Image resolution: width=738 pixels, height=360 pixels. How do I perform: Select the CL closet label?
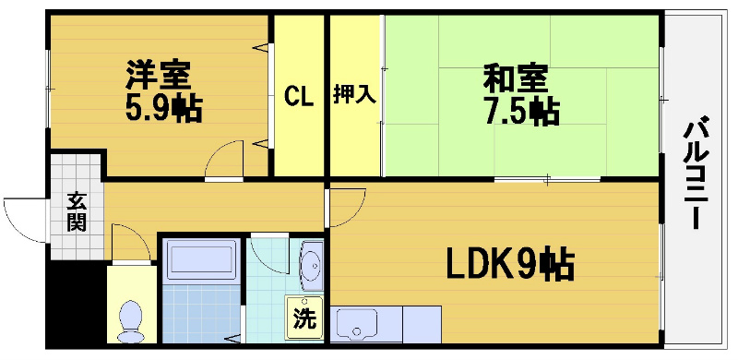tap(296, 95)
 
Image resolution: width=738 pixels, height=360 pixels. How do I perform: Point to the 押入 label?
tap(354, 95)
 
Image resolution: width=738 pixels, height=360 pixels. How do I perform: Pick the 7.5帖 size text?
tap(520, 111)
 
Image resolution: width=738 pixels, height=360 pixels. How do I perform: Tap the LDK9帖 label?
tap(509, 265)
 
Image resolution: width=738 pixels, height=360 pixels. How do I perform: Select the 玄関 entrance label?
tap(76, 212)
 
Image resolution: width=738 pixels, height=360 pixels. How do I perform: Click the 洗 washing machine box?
tap(304, 317)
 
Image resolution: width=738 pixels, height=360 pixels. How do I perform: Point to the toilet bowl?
tap(132, 319)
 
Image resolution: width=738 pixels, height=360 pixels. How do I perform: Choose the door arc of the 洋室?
tap(224, 159)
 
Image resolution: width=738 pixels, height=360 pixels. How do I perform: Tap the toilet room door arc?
tap(130, 242)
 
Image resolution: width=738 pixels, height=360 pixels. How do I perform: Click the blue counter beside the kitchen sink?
tap(423, 325)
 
